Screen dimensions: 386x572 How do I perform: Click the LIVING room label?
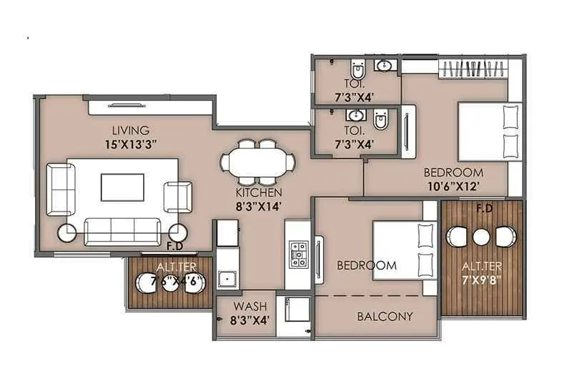tap(130, 130)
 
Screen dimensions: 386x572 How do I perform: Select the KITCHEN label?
tap(259, 193)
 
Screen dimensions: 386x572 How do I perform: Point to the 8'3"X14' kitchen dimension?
tap(259, 206)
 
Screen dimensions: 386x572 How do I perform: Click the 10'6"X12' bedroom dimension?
tap(453, 185)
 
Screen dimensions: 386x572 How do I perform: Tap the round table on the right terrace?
tap(481, 237)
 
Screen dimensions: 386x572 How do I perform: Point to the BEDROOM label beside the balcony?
tap(366, 265)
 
